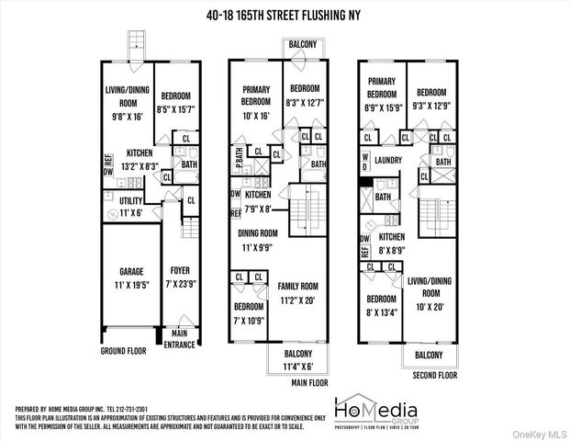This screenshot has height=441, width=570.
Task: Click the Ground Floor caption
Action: [x=125, y=350]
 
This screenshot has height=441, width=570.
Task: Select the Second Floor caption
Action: [x=435, y=375]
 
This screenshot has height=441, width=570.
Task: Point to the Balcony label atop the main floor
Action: [x=302, y=44]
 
